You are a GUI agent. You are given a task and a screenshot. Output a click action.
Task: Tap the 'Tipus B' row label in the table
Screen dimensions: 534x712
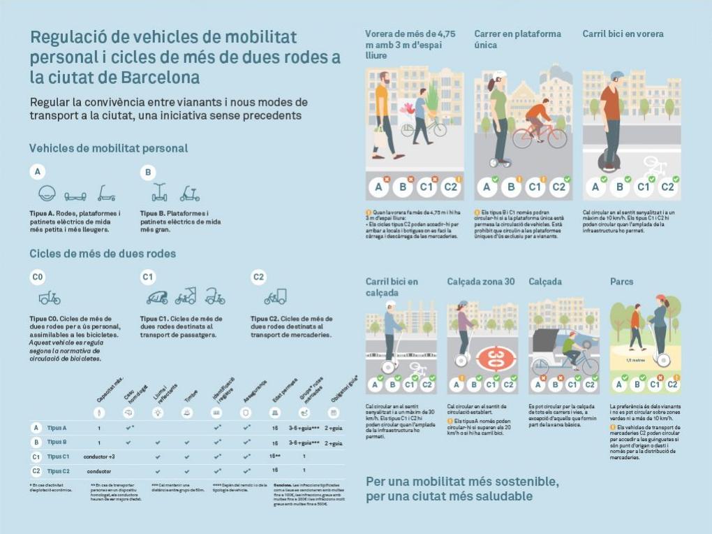click(57, 442)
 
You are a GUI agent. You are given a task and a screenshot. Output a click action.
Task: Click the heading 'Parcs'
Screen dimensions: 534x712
click(622, 282)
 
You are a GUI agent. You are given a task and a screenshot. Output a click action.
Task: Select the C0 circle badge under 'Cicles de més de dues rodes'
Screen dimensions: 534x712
click(38, 277)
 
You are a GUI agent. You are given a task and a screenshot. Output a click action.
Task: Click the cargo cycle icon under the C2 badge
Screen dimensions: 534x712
click(275, 297)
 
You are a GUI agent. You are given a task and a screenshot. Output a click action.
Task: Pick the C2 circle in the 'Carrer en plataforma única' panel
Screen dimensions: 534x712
click(559, 187)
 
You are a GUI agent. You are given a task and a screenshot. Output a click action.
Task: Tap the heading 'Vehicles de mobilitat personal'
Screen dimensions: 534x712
click(108, 148)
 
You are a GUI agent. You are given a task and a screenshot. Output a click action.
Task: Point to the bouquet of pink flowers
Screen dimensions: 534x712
click(407, 108)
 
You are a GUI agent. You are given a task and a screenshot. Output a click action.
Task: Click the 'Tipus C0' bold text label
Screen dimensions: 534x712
click(45, 319)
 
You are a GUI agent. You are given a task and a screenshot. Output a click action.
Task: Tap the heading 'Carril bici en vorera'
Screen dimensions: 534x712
click(623, 34)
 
